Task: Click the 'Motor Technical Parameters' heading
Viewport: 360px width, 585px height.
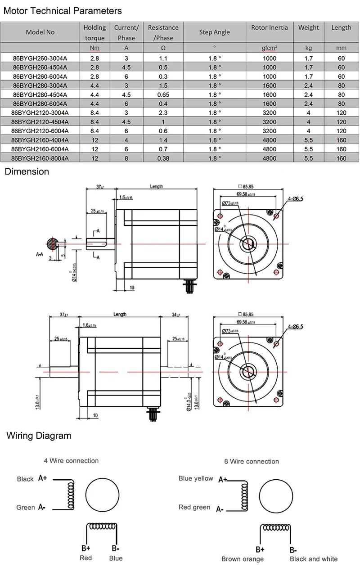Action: (x=63, y=10)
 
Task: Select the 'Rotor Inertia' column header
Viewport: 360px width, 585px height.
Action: (x=270, y=28)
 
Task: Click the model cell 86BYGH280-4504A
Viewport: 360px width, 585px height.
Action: (x=40, y=94)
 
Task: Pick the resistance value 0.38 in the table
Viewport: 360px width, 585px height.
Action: (x=163, y=158)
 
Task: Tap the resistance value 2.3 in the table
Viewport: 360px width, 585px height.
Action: (x=163, y=112)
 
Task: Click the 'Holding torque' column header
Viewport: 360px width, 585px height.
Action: (x=94, y=32)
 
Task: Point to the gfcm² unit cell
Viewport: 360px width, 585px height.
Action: (x=270, y=48)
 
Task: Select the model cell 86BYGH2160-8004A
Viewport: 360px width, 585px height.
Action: (x=40, y=158)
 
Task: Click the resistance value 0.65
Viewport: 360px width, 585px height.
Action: (x=163, y=94)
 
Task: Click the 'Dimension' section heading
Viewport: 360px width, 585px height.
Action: (x=27, y=171)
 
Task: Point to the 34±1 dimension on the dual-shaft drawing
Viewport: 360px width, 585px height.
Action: (x=176, y=315)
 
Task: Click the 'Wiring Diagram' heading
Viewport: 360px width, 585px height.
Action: (x=39, y=435)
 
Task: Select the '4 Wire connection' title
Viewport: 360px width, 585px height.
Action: (x=71, y=460)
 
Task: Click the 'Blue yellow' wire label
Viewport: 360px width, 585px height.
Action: (x=196, y=478)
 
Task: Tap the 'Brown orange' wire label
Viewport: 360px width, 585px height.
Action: (x=243, y=559)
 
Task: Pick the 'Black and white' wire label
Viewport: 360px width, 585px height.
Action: (x=314, y=559)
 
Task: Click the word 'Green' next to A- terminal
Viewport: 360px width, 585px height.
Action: (x=26, y=508)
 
